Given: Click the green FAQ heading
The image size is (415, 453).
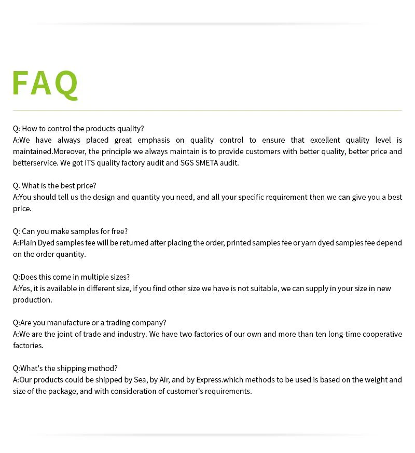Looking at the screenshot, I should click(x=45, y=83).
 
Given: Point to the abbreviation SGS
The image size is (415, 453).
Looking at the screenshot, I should click(x=187, y=163).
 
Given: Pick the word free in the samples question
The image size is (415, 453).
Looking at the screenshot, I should click(x=118, y=231).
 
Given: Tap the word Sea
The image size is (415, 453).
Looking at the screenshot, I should click(x=140, y=380).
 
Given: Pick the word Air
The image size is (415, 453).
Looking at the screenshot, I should click(x=164, y=380).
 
